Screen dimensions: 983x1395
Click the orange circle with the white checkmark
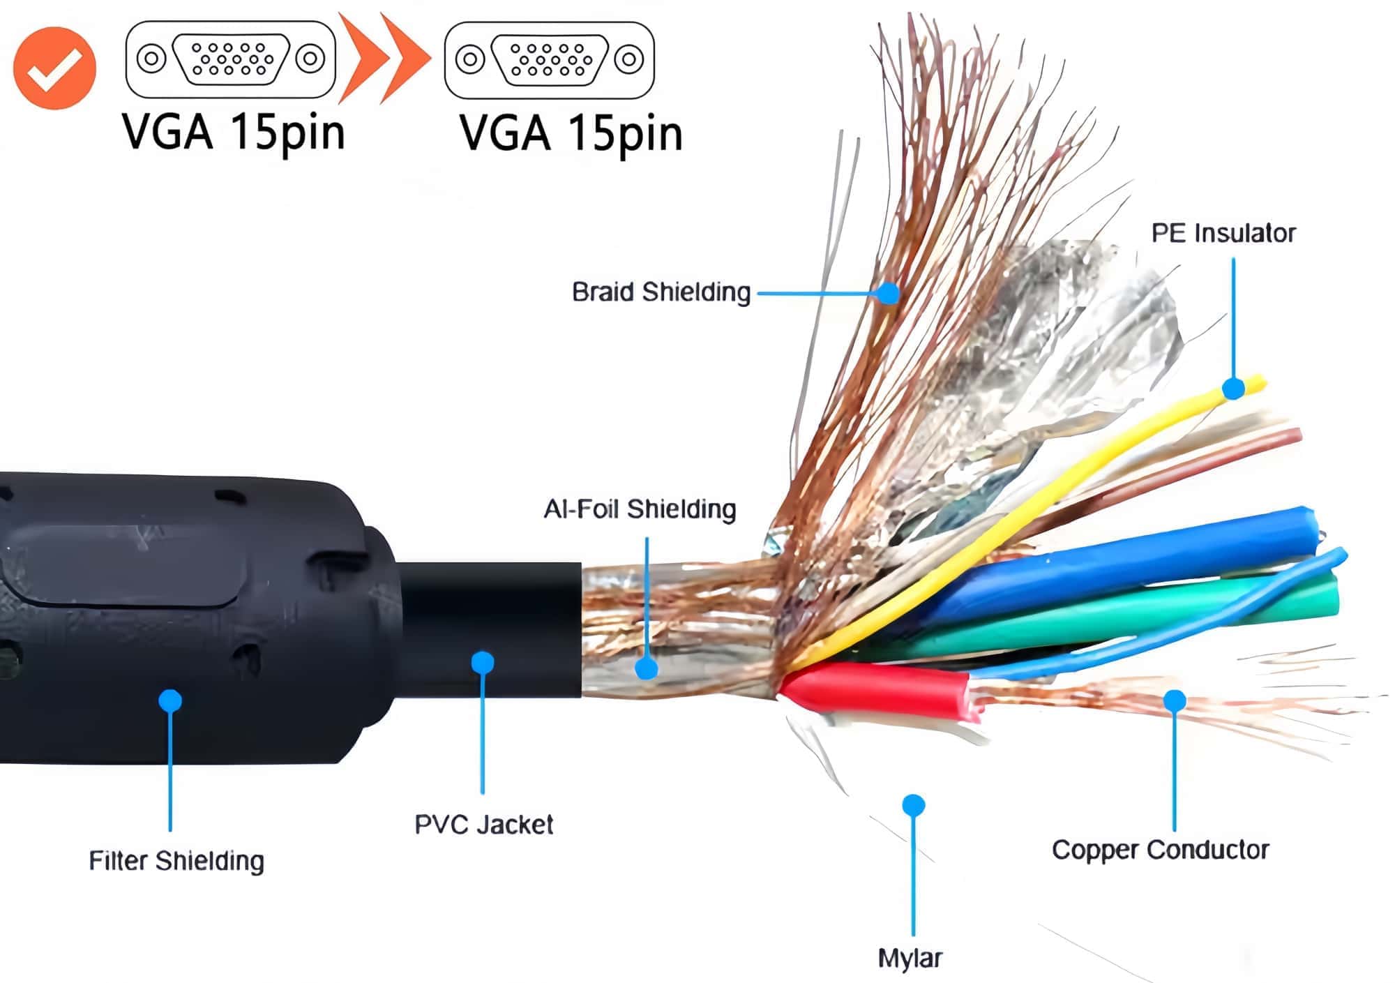[54, 68]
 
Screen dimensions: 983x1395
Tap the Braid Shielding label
[661, 292]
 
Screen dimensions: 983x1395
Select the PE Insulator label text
[1223, 233]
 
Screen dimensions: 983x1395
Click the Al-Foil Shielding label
[640, 509]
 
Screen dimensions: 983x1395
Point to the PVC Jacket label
[483, 825]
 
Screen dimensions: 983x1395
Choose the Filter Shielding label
[176, 861]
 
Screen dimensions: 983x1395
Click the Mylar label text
[910, 958]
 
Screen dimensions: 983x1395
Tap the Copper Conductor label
[1160, 850]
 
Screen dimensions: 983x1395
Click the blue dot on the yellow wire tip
[1233, 388]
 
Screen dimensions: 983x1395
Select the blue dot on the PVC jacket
[483, 661]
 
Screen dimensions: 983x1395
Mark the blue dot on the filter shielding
[170, 700]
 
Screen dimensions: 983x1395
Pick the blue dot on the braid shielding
[888, 293]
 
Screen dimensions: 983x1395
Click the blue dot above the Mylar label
[913, 805]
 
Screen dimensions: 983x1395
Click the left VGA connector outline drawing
[231, 59]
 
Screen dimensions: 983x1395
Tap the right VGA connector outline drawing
[550, 60]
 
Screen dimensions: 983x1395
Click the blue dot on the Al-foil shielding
[647, 668]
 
